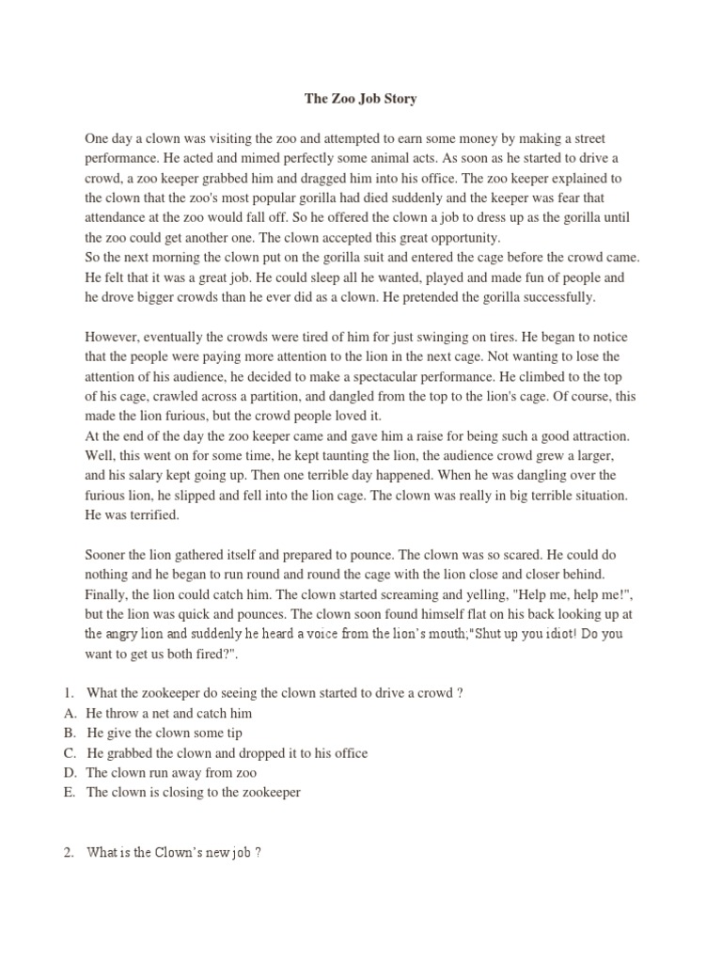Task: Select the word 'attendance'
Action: [x=118, y=217]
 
